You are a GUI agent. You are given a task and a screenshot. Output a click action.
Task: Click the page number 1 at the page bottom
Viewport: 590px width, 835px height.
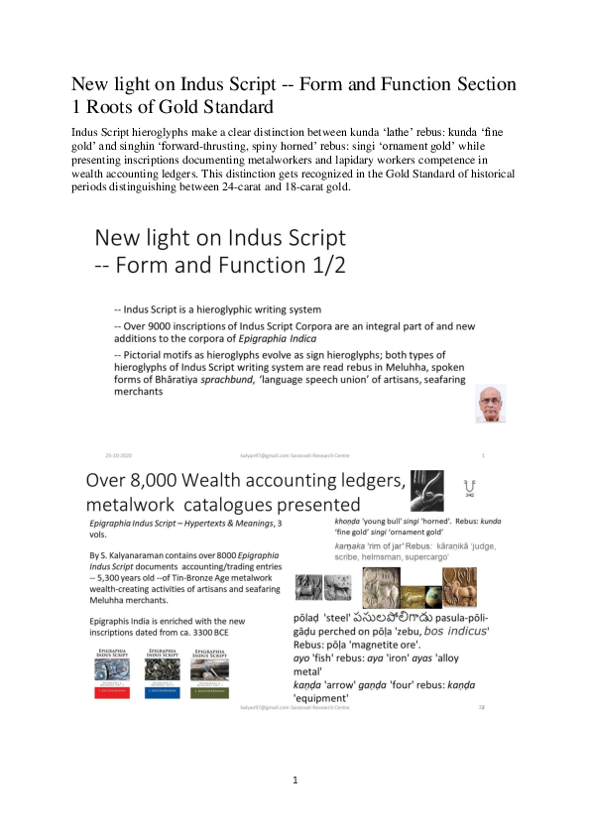(295, 780)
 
